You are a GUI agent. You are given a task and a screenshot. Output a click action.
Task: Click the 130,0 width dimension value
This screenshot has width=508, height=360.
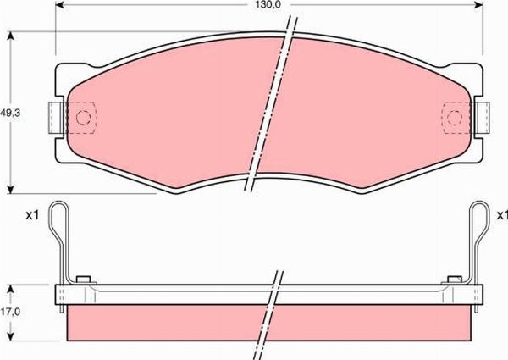(268, 4)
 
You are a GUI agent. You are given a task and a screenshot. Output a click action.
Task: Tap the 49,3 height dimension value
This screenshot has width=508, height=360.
(10, 114)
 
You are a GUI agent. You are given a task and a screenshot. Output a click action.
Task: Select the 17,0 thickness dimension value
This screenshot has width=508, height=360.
(10, 313)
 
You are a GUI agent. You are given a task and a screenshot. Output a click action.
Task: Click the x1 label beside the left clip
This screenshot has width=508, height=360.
(32, 215)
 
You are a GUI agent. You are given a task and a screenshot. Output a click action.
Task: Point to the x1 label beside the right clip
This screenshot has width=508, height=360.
(502, 215)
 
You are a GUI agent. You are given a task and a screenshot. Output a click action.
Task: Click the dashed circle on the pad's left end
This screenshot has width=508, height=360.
(83, 117)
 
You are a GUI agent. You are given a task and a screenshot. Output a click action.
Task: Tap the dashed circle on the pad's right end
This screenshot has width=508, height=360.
(454, 117)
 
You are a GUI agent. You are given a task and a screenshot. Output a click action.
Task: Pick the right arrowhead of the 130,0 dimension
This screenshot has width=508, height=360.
(478, 5)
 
